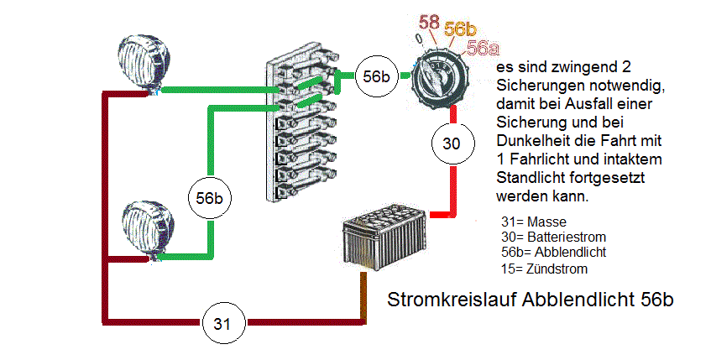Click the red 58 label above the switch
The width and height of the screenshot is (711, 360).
tap(429, 21)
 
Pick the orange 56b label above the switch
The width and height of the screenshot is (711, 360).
tap(461, 28)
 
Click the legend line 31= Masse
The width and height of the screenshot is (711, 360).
tap(532, 222)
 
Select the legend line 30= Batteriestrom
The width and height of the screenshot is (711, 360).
tap(552, 237)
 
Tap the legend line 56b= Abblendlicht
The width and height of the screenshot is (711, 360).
tap(552, 253)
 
